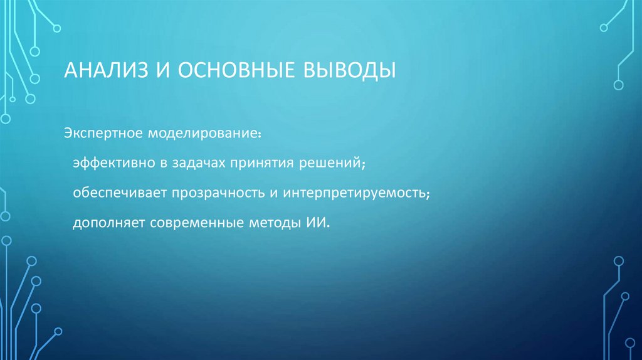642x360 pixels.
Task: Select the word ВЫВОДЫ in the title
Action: [x=350, y=70]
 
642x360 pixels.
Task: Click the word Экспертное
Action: [x=103, y=134]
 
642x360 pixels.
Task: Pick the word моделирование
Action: [x=204, y=134]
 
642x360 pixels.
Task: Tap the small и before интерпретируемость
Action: [x=273, y=193]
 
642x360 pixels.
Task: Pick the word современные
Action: [x=191, y=223]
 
